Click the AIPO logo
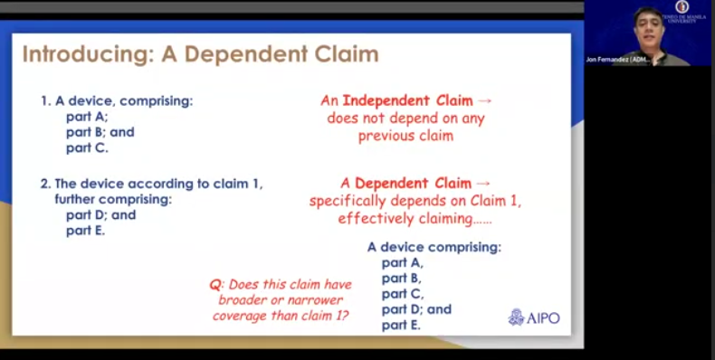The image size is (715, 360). coord(534,317)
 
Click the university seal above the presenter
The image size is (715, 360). coord(682,7)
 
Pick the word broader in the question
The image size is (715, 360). coord(242,300)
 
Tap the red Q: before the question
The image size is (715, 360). coord(216,285)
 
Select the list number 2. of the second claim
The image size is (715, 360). coord(45,184)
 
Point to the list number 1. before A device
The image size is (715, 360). coord(45,101)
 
